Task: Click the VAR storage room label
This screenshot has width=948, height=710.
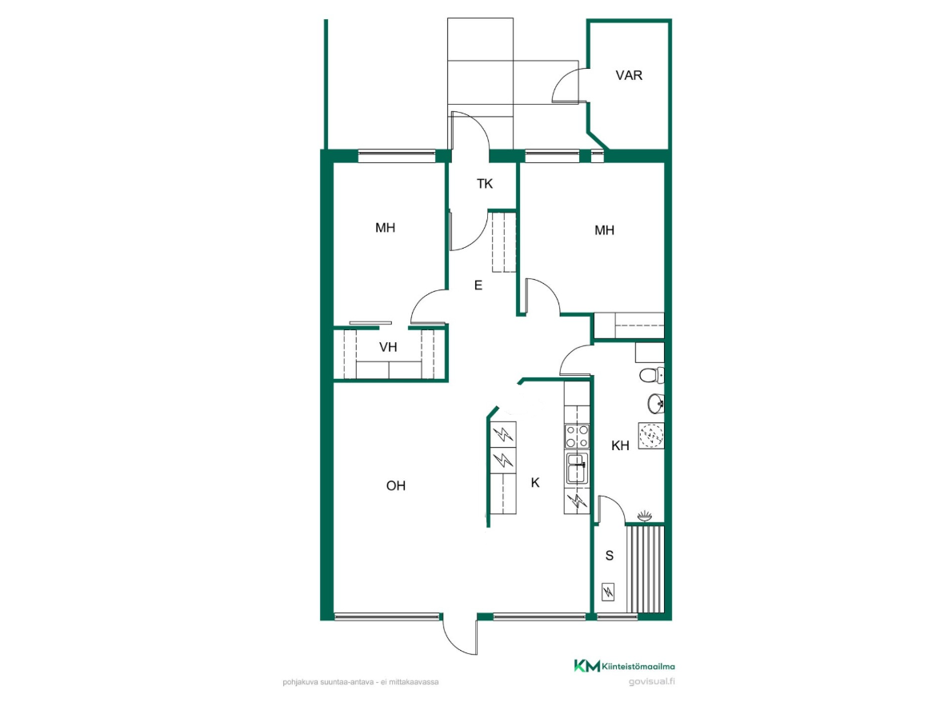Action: click(629, 75)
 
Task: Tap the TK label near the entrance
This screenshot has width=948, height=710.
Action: click(485, 184)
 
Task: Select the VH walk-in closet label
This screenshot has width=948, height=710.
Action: click(388, 347)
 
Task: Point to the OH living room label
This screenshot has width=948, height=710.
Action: click(396, 486)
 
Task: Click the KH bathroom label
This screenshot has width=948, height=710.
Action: click(620, 446)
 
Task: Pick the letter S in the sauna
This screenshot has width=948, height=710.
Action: click(610, 556)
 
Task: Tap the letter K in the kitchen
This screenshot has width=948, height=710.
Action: click(535, 483)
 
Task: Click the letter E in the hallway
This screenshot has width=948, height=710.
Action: click(478, 285)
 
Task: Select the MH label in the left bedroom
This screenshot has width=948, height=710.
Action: click(385, 228)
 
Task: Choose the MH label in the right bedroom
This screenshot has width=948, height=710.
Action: click(605, 230)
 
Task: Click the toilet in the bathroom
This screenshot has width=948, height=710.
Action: click(652, 375)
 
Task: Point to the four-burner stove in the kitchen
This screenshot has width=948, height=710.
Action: click(578, 437)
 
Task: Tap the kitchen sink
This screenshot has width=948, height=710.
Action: click(578, 469)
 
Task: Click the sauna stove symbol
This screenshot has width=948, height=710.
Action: click(608, 592)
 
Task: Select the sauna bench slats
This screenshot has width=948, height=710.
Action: click(645, 569)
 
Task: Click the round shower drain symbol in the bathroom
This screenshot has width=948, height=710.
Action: click(651, 435)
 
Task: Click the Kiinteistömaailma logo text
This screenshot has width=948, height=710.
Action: click(638, 667)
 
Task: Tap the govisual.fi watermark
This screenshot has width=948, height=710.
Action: click(652, 681)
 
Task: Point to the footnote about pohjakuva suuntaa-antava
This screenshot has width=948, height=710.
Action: click(360, 682)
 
